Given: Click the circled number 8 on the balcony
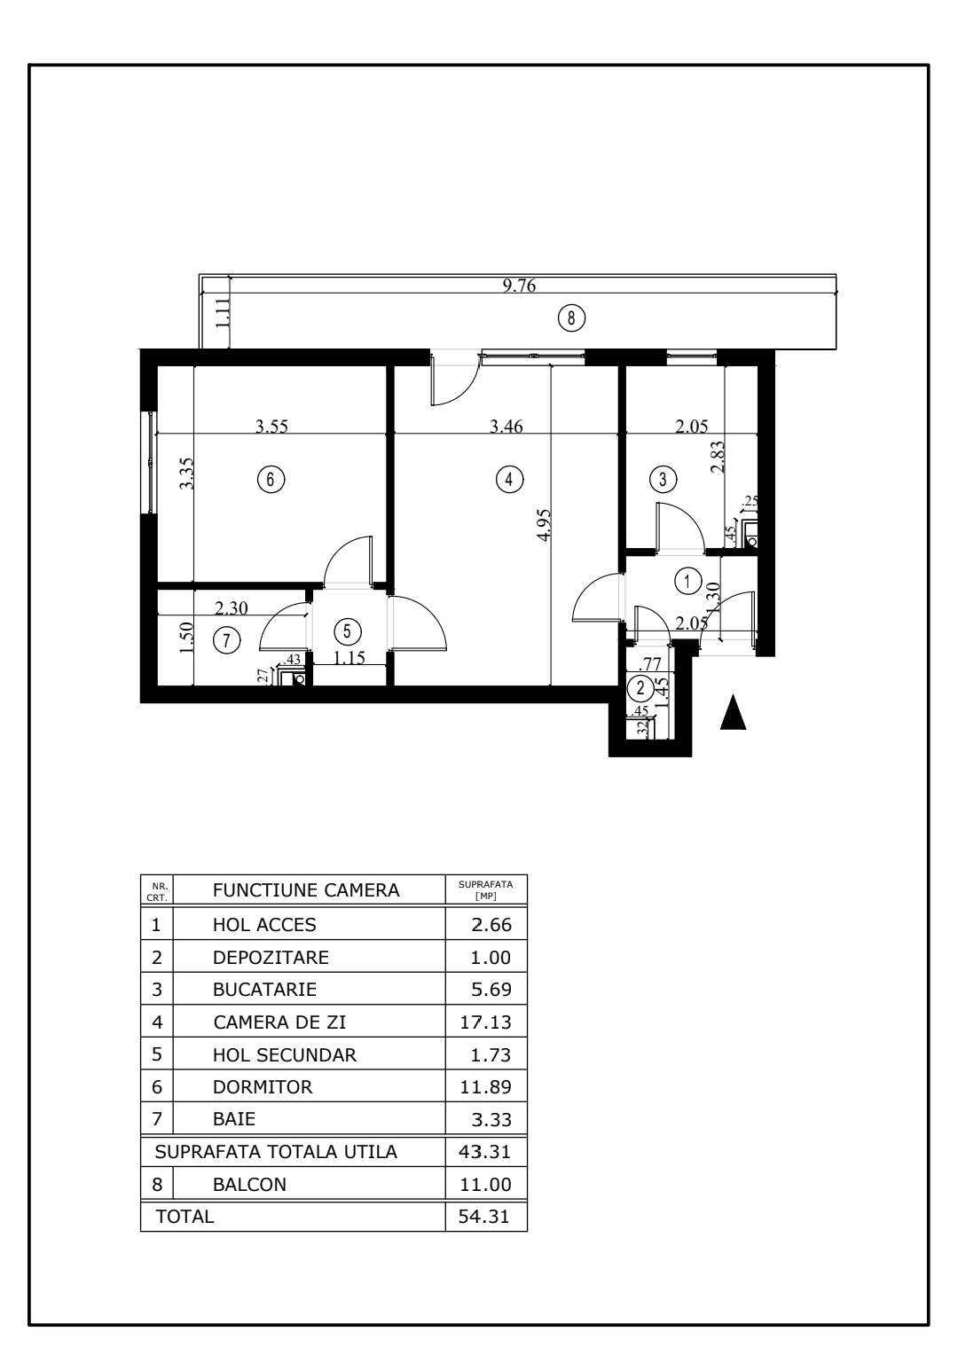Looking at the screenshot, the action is (571, 317).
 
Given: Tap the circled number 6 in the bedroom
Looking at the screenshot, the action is (271, 479).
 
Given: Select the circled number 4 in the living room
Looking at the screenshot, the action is (509, 479).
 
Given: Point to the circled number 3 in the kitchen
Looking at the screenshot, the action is (663, 479).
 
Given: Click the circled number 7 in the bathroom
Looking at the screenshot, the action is (226, 640).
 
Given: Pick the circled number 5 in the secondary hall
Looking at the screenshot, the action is (347, 631).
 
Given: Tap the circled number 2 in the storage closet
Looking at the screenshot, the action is (641, 688).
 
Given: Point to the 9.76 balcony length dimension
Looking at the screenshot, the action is (519, 285).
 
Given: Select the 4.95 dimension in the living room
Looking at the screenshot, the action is (543, 525).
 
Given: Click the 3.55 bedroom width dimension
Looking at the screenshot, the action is (271, 427).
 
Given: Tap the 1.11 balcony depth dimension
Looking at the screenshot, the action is (222, 313).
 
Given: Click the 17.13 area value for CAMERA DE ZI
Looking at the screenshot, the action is (485, 1022).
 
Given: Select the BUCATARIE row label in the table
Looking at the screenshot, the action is (264, 990).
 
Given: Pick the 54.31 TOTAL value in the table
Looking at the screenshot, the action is (483, 1217).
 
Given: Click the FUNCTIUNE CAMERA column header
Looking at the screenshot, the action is (306, 890).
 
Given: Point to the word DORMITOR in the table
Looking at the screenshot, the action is (263, 1087).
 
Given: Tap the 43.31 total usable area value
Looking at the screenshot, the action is (484, 1151).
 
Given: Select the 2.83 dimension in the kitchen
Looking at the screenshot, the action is (718, 457).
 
